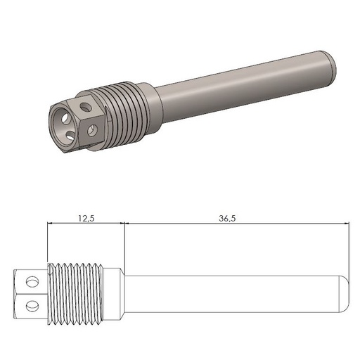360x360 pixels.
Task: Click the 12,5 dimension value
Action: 85,219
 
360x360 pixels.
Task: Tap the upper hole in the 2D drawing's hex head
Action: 31,281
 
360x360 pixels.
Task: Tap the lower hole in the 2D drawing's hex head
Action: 31,304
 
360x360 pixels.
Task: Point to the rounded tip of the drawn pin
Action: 345,293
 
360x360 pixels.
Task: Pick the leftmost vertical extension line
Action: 46,243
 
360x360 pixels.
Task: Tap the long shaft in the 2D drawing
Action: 232,293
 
